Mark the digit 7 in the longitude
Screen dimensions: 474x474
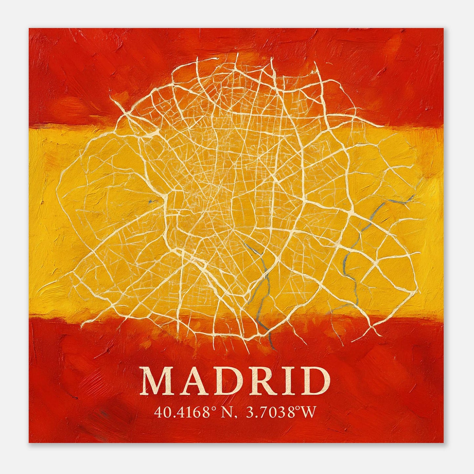tap(260, 412)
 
